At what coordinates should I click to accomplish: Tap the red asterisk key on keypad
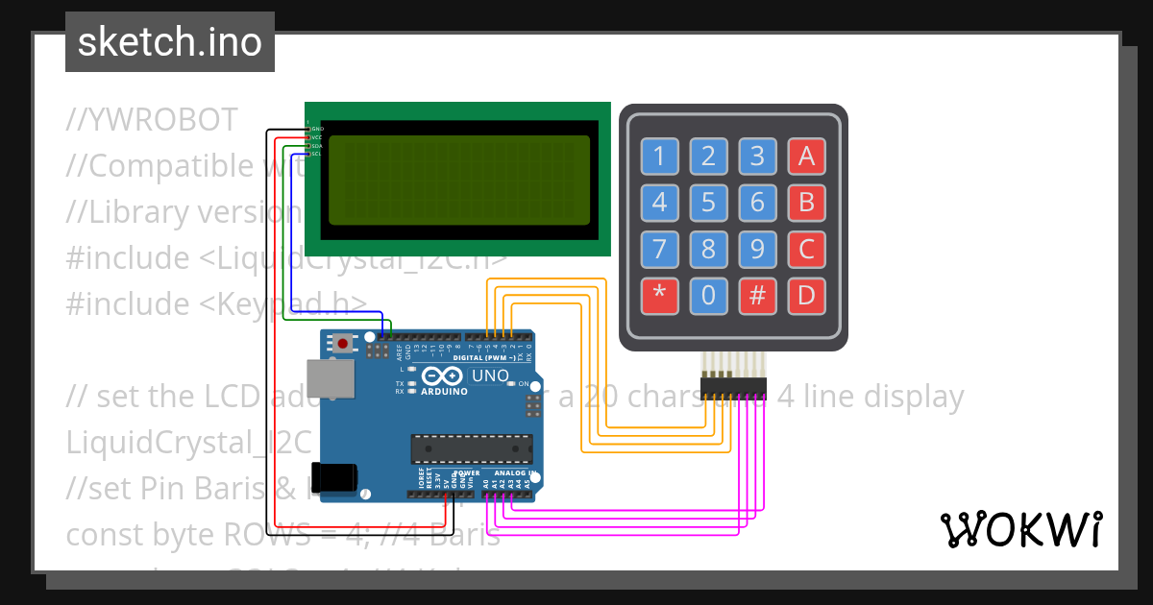tap(659, 296)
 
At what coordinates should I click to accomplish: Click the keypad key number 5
tap(708, 202)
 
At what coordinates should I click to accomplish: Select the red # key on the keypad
tap(757, 296)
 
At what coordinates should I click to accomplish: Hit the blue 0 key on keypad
tap(708, 296)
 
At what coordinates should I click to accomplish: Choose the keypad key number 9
tap(757, 250)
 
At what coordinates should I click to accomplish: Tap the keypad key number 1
tap(659, 156)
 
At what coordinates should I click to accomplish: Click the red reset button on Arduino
tap(343, 343)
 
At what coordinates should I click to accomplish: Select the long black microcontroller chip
tap(472, 448)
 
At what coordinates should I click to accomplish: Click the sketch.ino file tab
tap(170, 42)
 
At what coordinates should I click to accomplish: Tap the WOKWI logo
tap(1020, 529)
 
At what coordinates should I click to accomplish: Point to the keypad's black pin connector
tap(733, 386)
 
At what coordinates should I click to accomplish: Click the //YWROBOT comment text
tap(153, 120)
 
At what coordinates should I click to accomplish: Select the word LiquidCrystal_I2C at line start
tap(189, 443)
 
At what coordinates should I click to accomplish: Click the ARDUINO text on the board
tap(443, 392)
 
